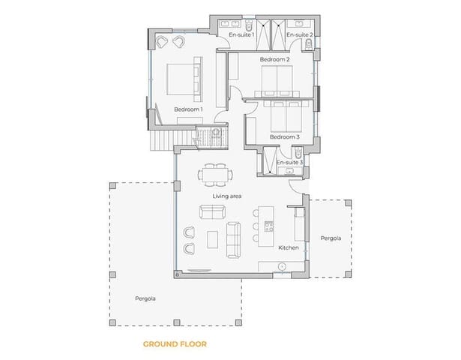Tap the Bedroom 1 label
[x=188, y=109]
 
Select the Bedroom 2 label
[x=274, y=59]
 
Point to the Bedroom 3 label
[x=284, y=137]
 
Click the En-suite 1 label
[x=241, y=34]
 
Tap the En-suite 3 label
[x=289, y=162]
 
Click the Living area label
[x=226, y=196]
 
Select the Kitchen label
[x=289, y=247]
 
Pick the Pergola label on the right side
[x=331, y=238]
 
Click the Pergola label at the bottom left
[x=145, y=298]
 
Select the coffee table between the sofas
[x=212, y=238]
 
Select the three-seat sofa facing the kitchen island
[x=232, y=238]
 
